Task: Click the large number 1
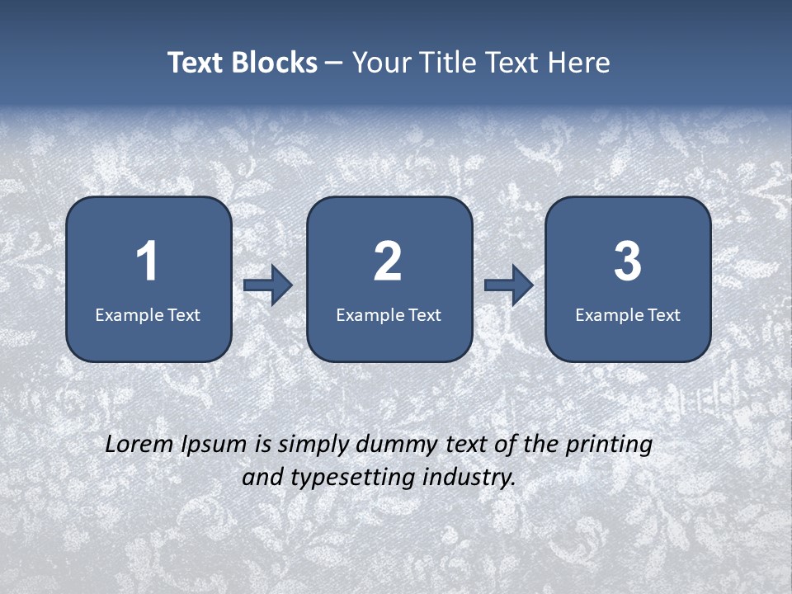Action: tap(148, 262)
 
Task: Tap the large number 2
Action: tap(388, 262)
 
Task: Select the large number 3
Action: tap(627, 262)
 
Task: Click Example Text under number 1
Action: tap(148, 314)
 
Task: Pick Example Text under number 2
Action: tap(389, 314)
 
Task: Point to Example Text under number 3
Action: tap(628, 314)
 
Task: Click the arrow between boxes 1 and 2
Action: tap(268, 285)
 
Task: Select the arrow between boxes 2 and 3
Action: tap(509, 285)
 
